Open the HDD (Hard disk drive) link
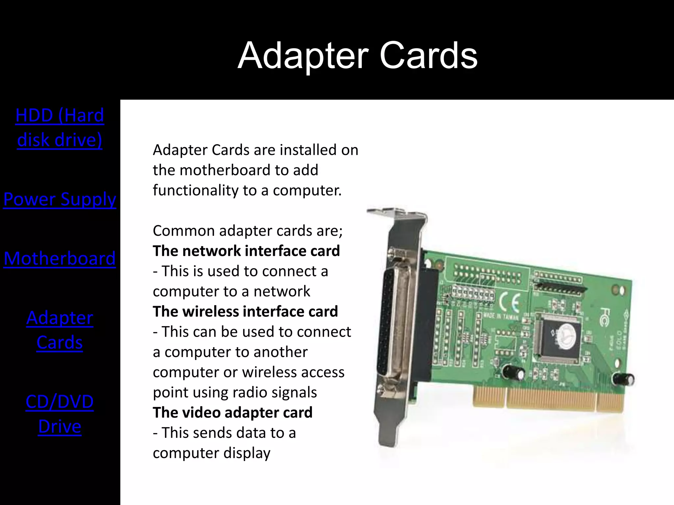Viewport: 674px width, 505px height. tap(60, 128)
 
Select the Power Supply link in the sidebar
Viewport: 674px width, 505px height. tap(60, 199)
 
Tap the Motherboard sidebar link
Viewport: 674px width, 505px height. tap(60, 258)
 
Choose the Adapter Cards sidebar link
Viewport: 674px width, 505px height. tap(60, 330)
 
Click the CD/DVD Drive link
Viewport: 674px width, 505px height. tap(60, 414)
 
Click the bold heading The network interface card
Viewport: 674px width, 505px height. tap(246, 251)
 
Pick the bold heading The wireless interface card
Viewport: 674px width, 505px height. tap(245, 311)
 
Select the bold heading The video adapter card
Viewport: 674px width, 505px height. tap(232, 412)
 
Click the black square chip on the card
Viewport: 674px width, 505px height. tap(560, 339)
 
